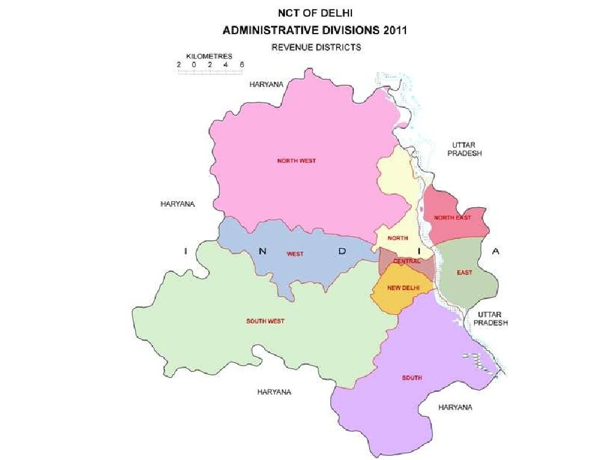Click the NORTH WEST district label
296,161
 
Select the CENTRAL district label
406,261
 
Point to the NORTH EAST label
452,217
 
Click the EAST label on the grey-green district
464,273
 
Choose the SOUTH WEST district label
265,322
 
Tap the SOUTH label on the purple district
411,378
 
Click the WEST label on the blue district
295,254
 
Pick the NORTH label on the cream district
398,238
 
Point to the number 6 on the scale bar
242,64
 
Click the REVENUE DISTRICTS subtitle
316,47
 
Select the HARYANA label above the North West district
266,84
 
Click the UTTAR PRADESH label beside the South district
490,318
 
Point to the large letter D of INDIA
342,252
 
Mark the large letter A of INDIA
495,252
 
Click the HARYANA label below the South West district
274,392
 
